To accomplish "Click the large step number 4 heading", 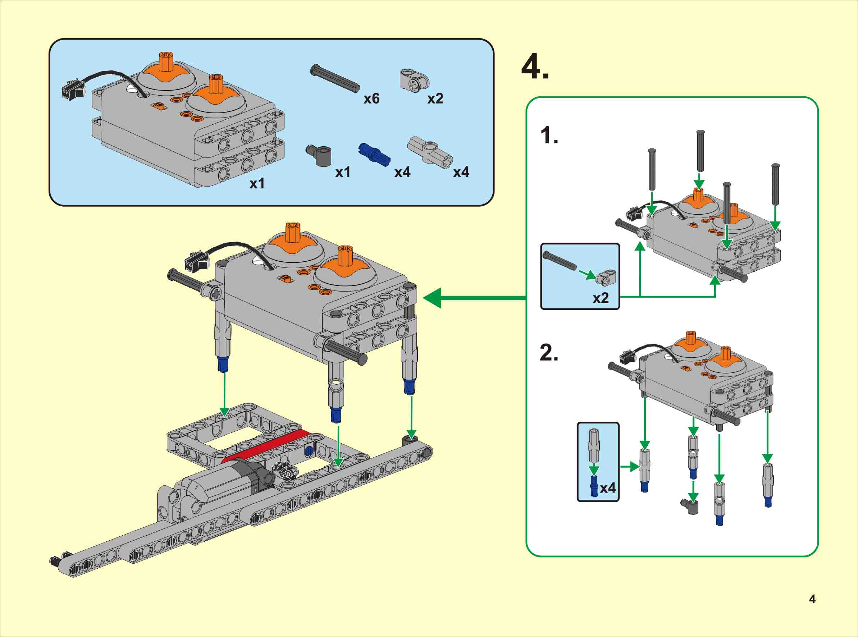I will [x=534, y=68].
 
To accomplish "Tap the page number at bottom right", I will [x=812, y=599].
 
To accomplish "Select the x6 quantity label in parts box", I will [x=371, y=99].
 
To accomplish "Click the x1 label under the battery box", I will [x=257, y=184].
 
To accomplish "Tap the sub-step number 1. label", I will [x=549, y=136].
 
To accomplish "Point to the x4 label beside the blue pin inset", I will [x=608, y=488].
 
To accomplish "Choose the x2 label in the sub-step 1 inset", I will [x=601, y=298].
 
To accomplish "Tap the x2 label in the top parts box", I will [x=435, y=99].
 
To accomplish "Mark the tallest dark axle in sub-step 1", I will [x=700, y=151].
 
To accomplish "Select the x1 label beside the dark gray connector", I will [x=343, y=172].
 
